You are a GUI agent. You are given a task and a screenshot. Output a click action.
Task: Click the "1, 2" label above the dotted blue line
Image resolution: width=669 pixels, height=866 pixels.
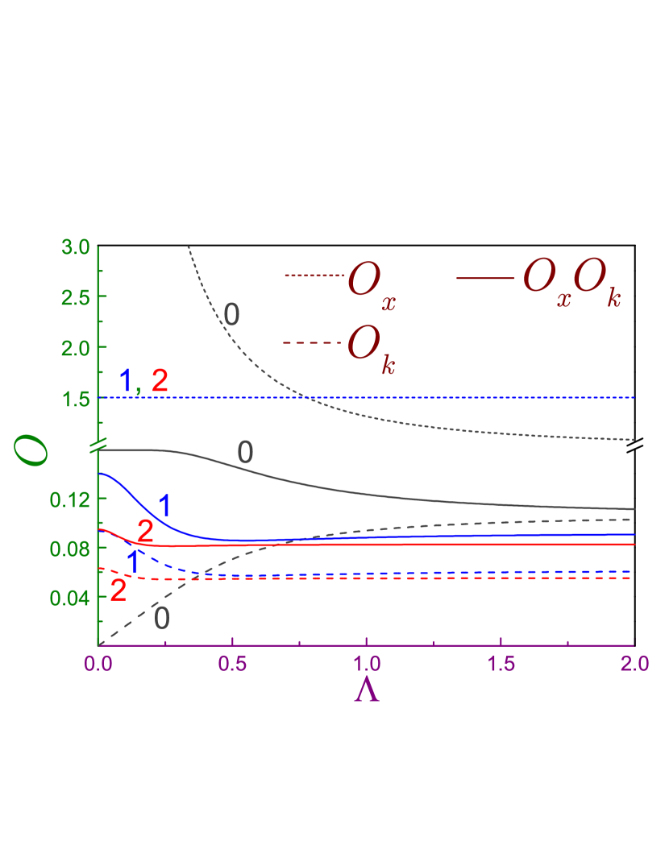[x=143, y=379]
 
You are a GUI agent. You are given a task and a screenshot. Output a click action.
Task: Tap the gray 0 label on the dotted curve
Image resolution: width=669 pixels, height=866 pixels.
[x=232, y=315]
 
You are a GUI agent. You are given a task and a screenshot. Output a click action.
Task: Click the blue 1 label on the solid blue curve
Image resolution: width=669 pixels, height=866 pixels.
[x=164, y=506]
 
